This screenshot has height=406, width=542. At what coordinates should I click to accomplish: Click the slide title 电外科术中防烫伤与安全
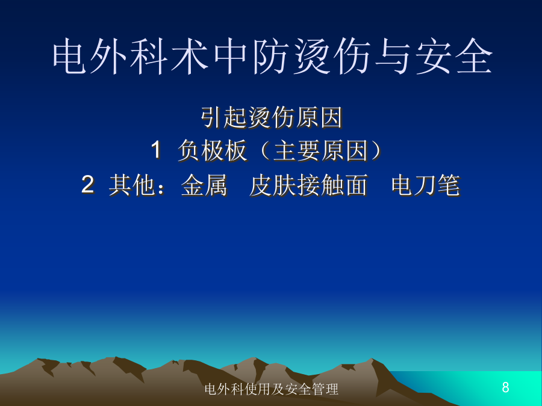coord(272,57)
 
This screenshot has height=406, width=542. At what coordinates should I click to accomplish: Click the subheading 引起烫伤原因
coord(272,118)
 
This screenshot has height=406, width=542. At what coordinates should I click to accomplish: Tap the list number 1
coord(156,150)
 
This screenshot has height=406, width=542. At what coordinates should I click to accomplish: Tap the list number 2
coord(88,185)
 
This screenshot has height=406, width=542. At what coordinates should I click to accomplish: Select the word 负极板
coord(212,151)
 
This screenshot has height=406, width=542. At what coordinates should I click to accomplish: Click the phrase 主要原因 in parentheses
coord(320,151)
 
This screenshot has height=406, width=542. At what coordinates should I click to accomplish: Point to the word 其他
coord(132,185)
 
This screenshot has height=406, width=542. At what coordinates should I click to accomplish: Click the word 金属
coord(204,185)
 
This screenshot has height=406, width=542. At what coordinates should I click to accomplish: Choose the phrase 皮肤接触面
coord(308,185)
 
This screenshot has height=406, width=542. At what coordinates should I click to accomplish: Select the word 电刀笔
coord(426,185)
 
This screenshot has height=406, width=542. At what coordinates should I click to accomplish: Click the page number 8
coord(505,387)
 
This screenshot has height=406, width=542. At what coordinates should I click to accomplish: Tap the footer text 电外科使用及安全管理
coord(272,389)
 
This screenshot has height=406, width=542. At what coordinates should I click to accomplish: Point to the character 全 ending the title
coord(475,57)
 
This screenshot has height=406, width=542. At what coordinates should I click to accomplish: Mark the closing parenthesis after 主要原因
coord(378,151)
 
